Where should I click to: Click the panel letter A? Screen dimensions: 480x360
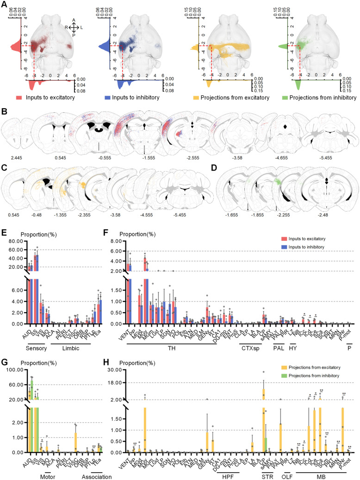(x=5, y=4)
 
